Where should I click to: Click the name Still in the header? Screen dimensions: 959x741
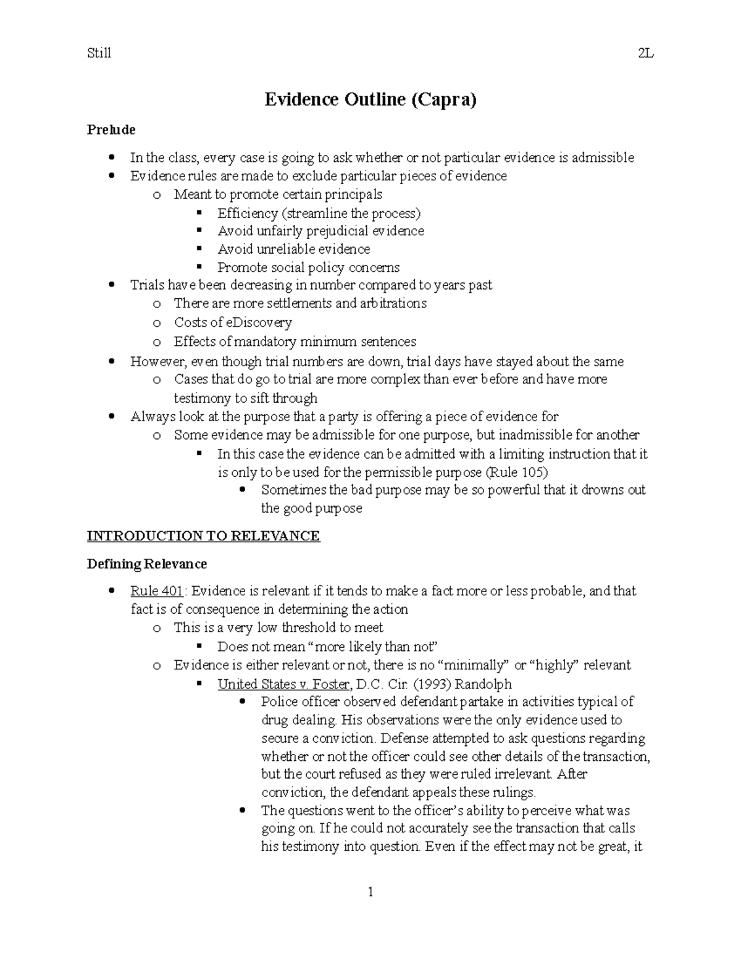tap(99, 53)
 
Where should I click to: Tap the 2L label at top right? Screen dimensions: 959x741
tap(645, 53)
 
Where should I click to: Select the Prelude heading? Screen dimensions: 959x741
tap(111, 130)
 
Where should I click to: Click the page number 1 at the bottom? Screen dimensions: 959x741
tap(371, 892)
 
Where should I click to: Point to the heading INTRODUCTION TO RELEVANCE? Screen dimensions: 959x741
tap(203, 536)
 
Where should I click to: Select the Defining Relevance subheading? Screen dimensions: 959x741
tap(146, 564)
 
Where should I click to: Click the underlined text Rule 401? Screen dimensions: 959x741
tap(156, 591)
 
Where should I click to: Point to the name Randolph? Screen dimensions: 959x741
tap(483, 684)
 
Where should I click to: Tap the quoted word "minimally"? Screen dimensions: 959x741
tap(472, 665)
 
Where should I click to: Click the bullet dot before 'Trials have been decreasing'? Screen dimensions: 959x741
tap(111, 285)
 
